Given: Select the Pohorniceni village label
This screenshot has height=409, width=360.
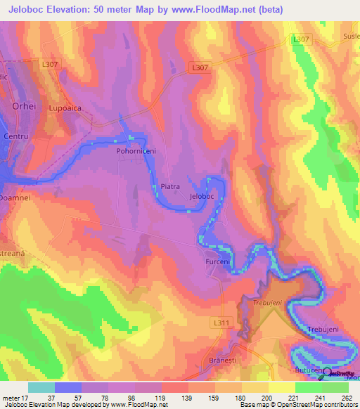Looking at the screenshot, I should [135, 151].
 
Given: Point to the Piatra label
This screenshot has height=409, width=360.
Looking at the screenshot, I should [171, 187].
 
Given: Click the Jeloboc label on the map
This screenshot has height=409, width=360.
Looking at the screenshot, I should [202, 197].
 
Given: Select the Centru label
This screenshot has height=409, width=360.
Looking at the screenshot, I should [15, 134].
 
